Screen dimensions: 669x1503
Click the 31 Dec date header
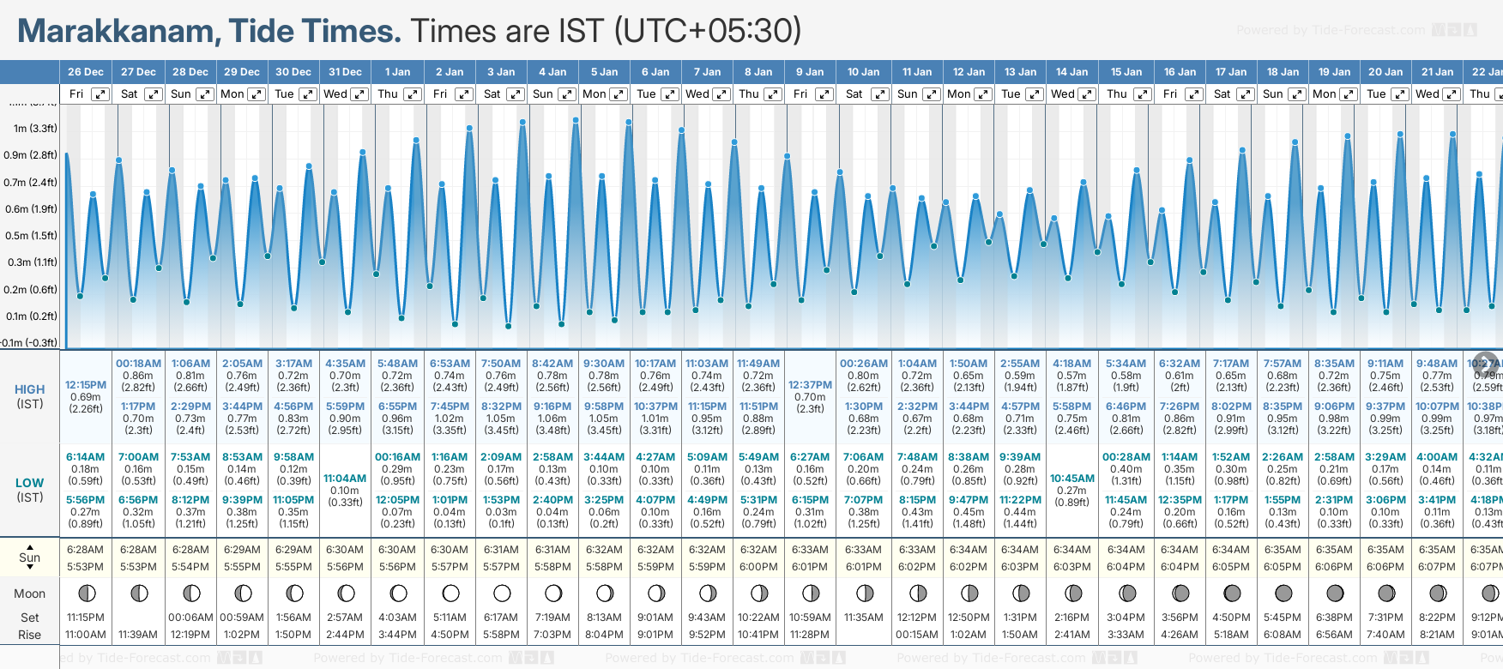point(345,72)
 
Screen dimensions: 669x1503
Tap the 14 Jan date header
point(1071,72)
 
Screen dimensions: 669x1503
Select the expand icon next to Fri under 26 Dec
point(100,94)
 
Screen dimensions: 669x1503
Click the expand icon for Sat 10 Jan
point(879,94)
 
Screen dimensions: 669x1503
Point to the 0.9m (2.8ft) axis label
point(30,155)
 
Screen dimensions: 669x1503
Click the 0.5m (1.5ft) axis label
point(30,236)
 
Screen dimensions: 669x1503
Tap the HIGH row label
point(30,389)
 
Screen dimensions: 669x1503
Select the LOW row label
point(29,483)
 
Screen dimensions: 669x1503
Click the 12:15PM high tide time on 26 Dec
point(86,385)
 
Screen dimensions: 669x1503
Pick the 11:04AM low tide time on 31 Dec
point(345,479)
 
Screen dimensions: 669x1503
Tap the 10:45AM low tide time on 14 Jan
point(1072,479)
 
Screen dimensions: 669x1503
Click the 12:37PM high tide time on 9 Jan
point(810,385)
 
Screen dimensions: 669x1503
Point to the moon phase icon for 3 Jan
point(502,594)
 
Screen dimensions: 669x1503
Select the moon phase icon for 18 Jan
point(1283,594)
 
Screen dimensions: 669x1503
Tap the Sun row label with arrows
point(30,557)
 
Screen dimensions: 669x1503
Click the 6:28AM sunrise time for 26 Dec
point(85,550)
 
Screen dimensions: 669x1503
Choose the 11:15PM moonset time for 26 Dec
point(85,618)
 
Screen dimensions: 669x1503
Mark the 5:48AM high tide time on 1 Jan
point(397,364)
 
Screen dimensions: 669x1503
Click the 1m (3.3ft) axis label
point(35,129)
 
